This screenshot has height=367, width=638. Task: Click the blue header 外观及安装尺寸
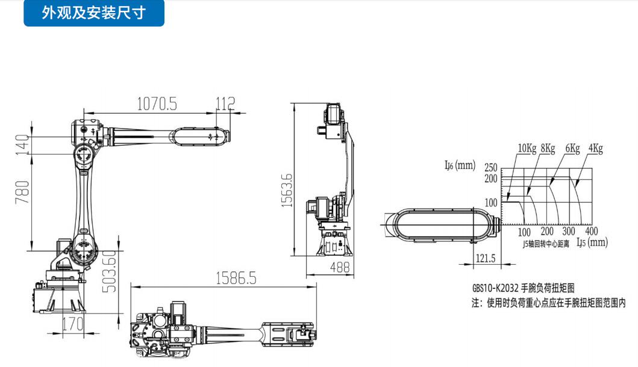click(x=93, y=13)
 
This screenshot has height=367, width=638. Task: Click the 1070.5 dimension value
click(x=157, y=103)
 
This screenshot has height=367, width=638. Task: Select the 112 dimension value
click(x=225, y=103)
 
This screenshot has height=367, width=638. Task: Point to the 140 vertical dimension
click(x=22, y=144)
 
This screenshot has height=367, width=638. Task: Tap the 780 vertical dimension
click(x=22, y=193)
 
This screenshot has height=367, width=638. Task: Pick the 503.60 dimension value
click(x=108, y=271)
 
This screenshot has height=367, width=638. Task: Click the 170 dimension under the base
click(x=73, y=324)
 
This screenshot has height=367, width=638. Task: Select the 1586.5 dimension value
click(x=236, y=279)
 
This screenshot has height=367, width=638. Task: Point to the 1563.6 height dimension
click(x=287, y=190)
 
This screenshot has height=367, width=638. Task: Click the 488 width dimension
click(x=340, y=267)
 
